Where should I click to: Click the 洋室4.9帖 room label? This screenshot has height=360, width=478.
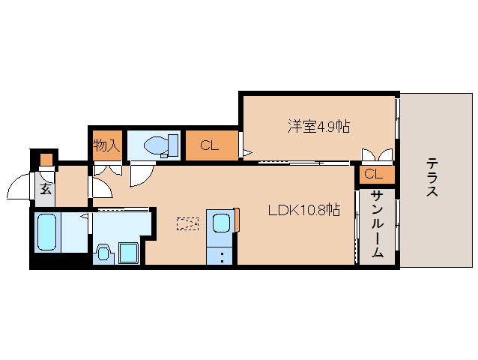click(x=319, y=126)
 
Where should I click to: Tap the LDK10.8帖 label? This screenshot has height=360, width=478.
click(x=305, y=210)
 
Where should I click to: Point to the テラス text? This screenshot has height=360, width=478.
click(x=432, y=177)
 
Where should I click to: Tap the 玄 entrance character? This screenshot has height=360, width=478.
click(x=45, y=188)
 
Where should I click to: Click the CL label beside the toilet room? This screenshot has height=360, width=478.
click(x=209, y=145)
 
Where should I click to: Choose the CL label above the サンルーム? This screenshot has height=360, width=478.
click(x=374, y=175)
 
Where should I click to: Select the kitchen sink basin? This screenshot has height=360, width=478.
click(x=222, y=223)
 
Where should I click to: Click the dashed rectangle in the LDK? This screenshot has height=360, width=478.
click(x=189, y=223)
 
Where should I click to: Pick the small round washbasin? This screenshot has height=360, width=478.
click(x=103, y=251)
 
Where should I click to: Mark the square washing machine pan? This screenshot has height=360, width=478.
click(x=128, y=252)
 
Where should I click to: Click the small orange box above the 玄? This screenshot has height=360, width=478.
click(x=46, y=160)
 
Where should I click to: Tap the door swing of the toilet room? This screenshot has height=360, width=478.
click(x=139, y=175)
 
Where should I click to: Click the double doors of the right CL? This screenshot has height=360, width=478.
click(x=377, y=156)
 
